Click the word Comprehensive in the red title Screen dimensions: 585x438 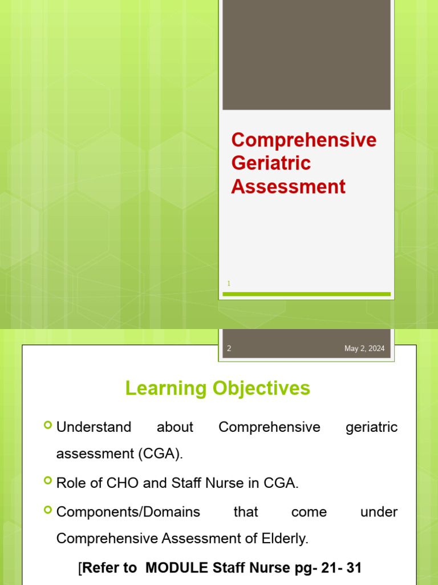tap(303, 140)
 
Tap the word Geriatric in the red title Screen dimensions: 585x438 tap(271, 163)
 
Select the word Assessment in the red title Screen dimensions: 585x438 tap(288, 187)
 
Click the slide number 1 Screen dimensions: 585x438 tap(229, 283)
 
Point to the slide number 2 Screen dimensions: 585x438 tap(229, 348)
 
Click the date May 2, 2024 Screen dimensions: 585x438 tap(364, 348)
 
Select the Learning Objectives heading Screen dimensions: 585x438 tap(218, 388)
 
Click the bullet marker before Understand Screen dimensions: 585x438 tap(47, 426)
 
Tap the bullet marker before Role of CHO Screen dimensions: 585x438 tap(47, 481)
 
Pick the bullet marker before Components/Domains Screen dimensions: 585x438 tap(47, 510)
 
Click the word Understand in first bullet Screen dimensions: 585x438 tap(94, 427)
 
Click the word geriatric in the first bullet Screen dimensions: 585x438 tap(371, 427)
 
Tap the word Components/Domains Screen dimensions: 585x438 tap(128, 512)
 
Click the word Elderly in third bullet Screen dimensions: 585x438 tap(284, 539)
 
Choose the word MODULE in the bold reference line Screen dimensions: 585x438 tap(175, 568)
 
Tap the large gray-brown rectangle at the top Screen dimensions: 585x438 tap(306, 54)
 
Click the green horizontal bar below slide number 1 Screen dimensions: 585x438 tap(306, 294)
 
